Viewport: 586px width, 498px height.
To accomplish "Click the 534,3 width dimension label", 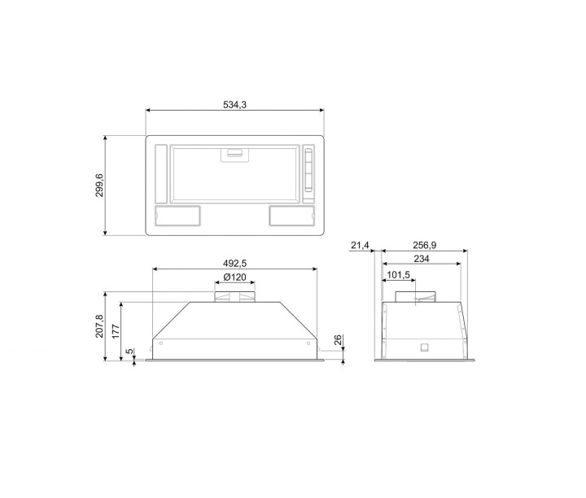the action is pyautogui.click(x=234, y=105).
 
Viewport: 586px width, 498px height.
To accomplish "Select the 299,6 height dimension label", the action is pyautogui.click(x=100, y=186).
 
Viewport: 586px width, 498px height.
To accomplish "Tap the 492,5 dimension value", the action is pyautogui.click(x=234, y=264).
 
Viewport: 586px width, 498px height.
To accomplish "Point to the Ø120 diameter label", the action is pyautogui.click(x=234, y=277).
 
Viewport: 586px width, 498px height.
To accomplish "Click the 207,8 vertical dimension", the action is pyautogui.click(x=99, y=326).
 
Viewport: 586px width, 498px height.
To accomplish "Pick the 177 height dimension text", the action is pyautogui.click(x=116, y=331).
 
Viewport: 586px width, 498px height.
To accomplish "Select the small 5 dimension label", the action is pyautogui.click(x=129, y=352).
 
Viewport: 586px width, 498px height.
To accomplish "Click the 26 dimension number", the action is pyautogui.click(x=338, y=340).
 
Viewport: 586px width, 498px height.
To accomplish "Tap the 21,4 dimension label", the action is pyautogui.click(x=360, y=246).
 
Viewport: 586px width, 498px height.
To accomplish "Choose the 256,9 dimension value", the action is pyautogui.click(x=424, y=246).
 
